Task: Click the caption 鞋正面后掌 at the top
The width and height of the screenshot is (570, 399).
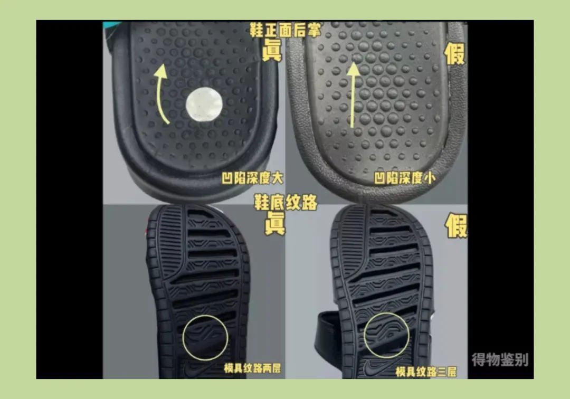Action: tap(285, 30)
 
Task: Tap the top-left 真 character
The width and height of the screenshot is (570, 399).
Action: tap(272, 51)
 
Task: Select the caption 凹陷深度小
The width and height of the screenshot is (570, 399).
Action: tap(405, 178)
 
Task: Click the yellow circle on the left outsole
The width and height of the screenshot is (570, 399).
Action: tap(205, 338)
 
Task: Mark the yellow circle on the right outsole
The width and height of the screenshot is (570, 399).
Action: tap(386, 336)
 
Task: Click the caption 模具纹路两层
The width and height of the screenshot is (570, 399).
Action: tap(252, 368)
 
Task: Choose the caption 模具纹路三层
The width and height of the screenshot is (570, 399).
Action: tap(426, 371)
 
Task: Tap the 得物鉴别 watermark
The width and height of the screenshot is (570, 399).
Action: tap(499, 360)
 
